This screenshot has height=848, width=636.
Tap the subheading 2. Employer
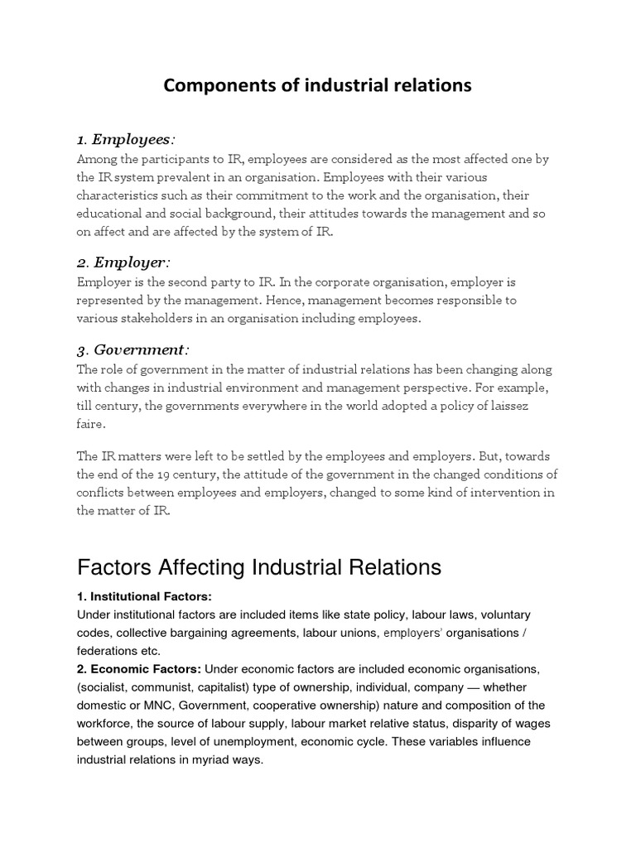[x=123, y=263]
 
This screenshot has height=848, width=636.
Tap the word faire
[x=91, y=424]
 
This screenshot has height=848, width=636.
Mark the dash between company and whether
[x=470, y=687]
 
